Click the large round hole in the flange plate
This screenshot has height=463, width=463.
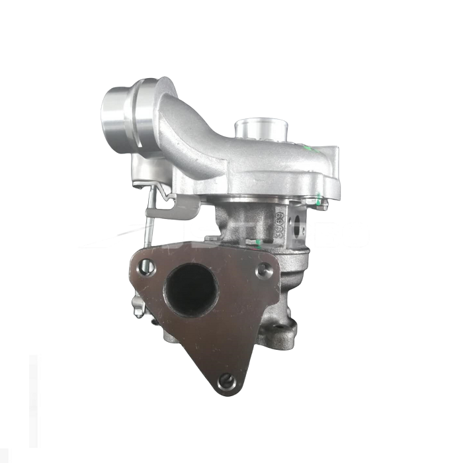click(192, 288)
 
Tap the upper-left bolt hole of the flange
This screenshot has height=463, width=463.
click(148, 268)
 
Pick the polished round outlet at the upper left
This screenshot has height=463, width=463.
click(122, 112)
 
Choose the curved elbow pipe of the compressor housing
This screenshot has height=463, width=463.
click(198, 132)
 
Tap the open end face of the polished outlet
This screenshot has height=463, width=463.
click(114, 114)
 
